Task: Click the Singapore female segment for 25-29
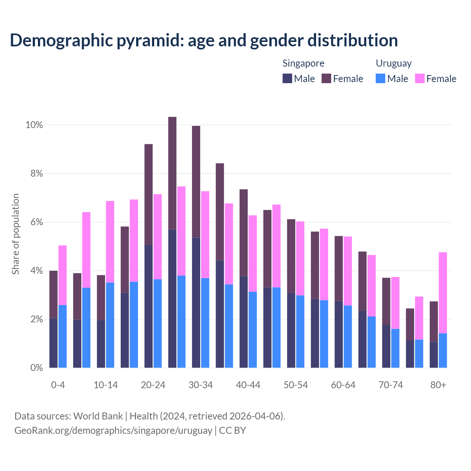click(172, 173)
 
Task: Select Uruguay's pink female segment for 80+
click(443, 293)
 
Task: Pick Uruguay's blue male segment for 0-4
click(63, 336)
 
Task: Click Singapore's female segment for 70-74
click(386, 301)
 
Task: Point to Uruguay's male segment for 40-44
click(253, 330)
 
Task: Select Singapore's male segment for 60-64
click(339, 334)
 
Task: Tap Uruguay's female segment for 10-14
click(110, 242)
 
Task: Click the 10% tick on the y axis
click(34, 125)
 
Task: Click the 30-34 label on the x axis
click(201, 385)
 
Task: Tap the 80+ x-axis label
click(438, 385)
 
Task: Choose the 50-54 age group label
click(295, 385)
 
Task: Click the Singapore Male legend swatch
click(287, 78)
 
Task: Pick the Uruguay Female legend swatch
click(420, 78)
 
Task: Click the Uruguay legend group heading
click(393, 63)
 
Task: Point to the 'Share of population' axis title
click(15, 234)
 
